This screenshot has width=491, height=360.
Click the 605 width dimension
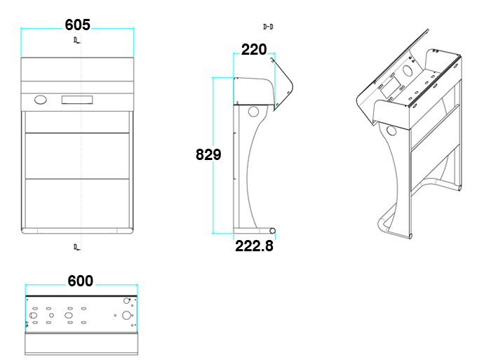(x=77, y=25)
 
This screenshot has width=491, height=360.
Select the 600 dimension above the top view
(x=81, y=281)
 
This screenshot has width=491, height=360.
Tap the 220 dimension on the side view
(x=254, y=49)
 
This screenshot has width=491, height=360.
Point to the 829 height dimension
(x=208, y=154)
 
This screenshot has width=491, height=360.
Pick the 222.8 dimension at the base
(x=254, y=246)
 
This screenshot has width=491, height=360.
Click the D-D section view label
(x=268, y=27)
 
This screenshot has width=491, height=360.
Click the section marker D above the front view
(x=76, y=41)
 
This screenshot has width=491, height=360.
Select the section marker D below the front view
(x=76, y=247)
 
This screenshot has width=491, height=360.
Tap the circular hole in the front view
(x=41, y=100)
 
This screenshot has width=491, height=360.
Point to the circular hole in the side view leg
(x=253, y=111)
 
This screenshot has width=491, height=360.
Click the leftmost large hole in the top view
(x=33, y=316)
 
